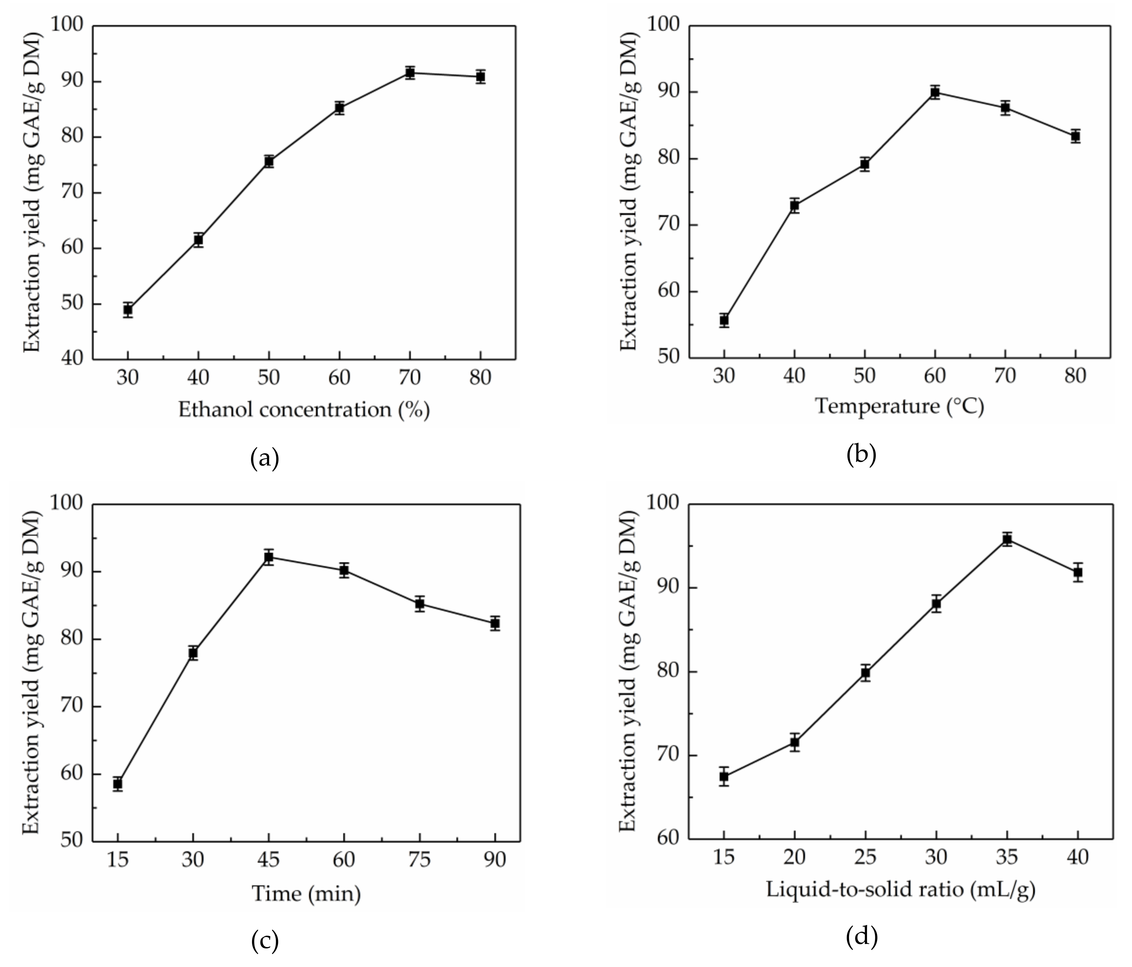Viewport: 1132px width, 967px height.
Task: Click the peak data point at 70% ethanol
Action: pyautogui.click(x=410, y=73)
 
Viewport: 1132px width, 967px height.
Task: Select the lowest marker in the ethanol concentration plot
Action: pyautogui.click(x=128, y=310)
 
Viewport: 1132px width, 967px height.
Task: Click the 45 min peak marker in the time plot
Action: pyautogui.click(x=268, y=557)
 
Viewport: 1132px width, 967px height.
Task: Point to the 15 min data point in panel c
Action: pyautogui.click(x=117, y=783)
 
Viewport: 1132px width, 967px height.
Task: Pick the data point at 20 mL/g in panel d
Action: pyautogui.click(x=794, y=742)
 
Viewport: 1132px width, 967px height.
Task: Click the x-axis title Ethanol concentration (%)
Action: pyautogui.click(x=304, y=410)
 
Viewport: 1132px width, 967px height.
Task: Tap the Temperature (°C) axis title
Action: pyautogui.click(x=899, y=406)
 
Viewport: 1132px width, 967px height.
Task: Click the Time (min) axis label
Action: pyautogui.click(x=306, y=894)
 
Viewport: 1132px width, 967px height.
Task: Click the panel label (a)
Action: pyautogui.click(x=264, y=458)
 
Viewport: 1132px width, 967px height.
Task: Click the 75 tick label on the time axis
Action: pyautogui.click(x=419, y=860)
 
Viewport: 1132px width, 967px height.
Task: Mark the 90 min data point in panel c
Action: pyautogui.click(x=495, y=623)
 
